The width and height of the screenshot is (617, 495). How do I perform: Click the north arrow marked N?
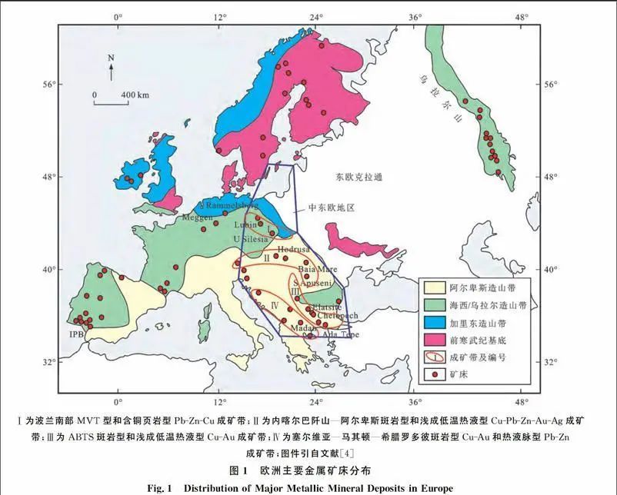[x=111, y=68]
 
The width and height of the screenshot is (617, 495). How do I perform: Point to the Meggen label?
[x=198, y=218]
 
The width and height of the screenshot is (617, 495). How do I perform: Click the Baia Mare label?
[x=316, y=270]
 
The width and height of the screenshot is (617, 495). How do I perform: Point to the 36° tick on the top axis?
[x=415, y=16]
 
